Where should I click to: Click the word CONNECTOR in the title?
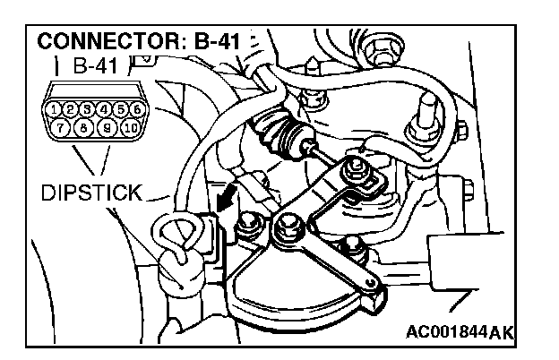(x=96, y=42)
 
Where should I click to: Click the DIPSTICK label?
(x=90, y=192)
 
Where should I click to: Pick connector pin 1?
(x=56, y=109)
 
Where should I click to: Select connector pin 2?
(x=71, y=109)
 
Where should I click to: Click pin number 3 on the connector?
(x=86, y=109)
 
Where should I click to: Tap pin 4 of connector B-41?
(x=103, y=109)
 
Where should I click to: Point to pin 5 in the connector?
(x=118, y=109)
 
